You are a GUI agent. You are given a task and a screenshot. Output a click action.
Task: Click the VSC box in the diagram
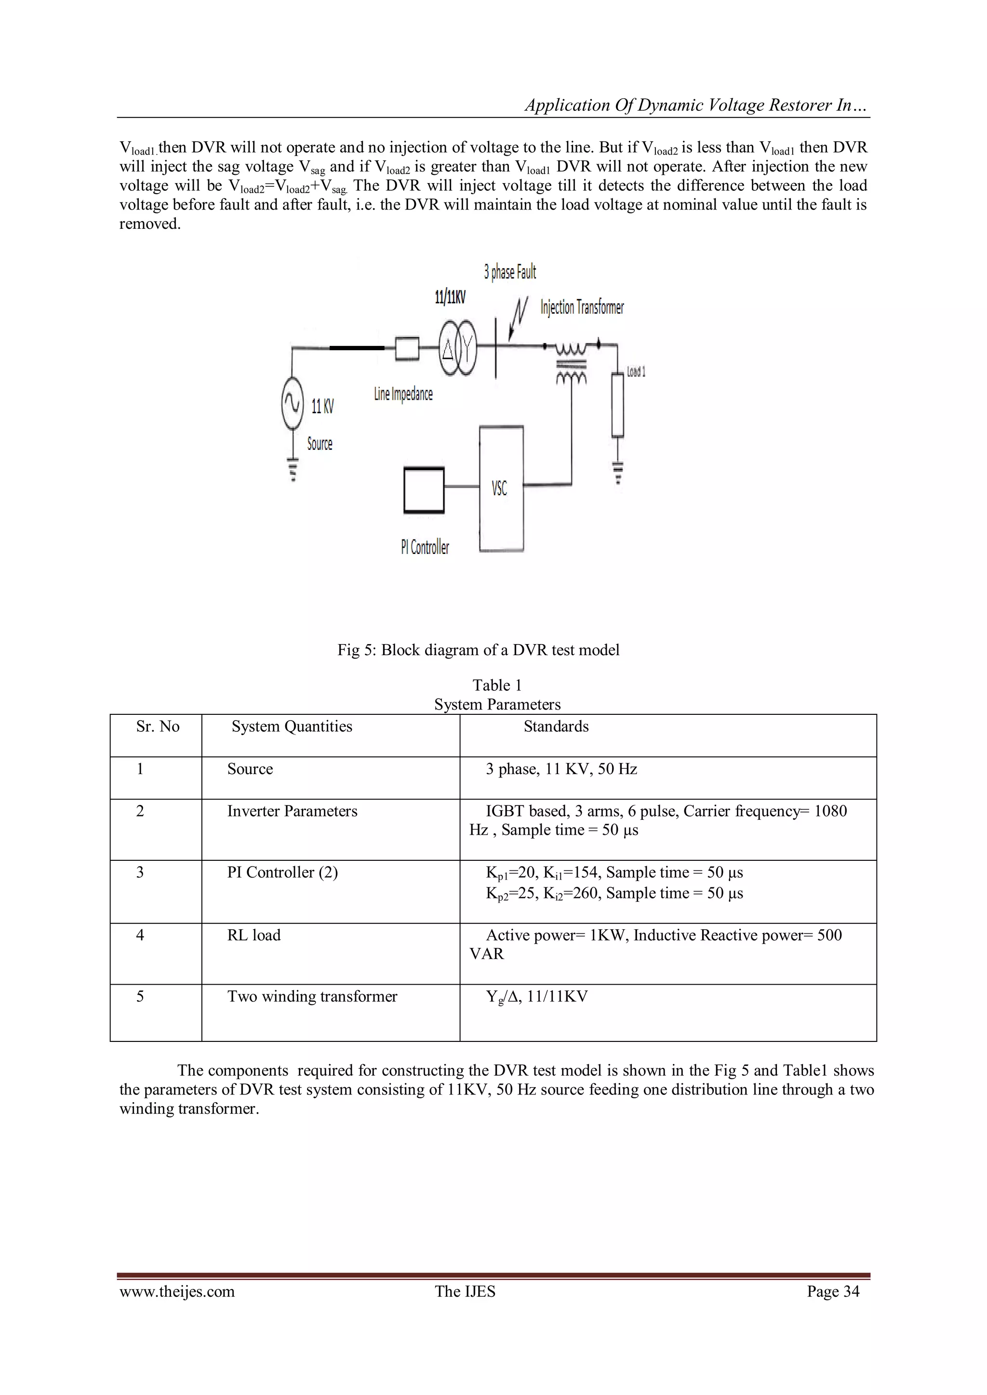(x=501, y=488)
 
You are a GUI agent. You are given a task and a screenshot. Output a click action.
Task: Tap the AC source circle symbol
(x=293, y=402)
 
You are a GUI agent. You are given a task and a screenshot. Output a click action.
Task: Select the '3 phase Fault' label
(x=510, y=272)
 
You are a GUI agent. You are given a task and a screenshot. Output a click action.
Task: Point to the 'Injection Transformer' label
(x=582, y=307)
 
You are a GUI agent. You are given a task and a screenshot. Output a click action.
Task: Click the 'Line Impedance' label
(x=403, y=394)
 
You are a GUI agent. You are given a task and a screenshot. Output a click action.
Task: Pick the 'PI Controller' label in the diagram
(x=425, y=547)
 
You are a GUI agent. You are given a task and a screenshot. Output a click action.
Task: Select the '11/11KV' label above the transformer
(x=450, y=297)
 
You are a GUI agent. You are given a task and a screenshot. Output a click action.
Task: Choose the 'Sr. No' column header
(x=158, y=727)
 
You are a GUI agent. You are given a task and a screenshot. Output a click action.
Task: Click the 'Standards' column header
(x=556, y=727)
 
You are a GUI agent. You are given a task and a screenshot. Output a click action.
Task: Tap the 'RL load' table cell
(x=253, y=935)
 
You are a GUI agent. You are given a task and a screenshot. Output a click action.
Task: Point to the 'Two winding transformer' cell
(x=312, y=997)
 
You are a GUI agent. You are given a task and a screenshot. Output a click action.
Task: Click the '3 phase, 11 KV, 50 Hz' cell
(x=561, y=769)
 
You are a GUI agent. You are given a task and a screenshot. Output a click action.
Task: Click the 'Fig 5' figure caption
(x=478, y=650)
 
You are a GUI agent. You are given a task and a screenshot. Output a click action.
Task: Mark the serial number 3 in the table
(x=140, y=872)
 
